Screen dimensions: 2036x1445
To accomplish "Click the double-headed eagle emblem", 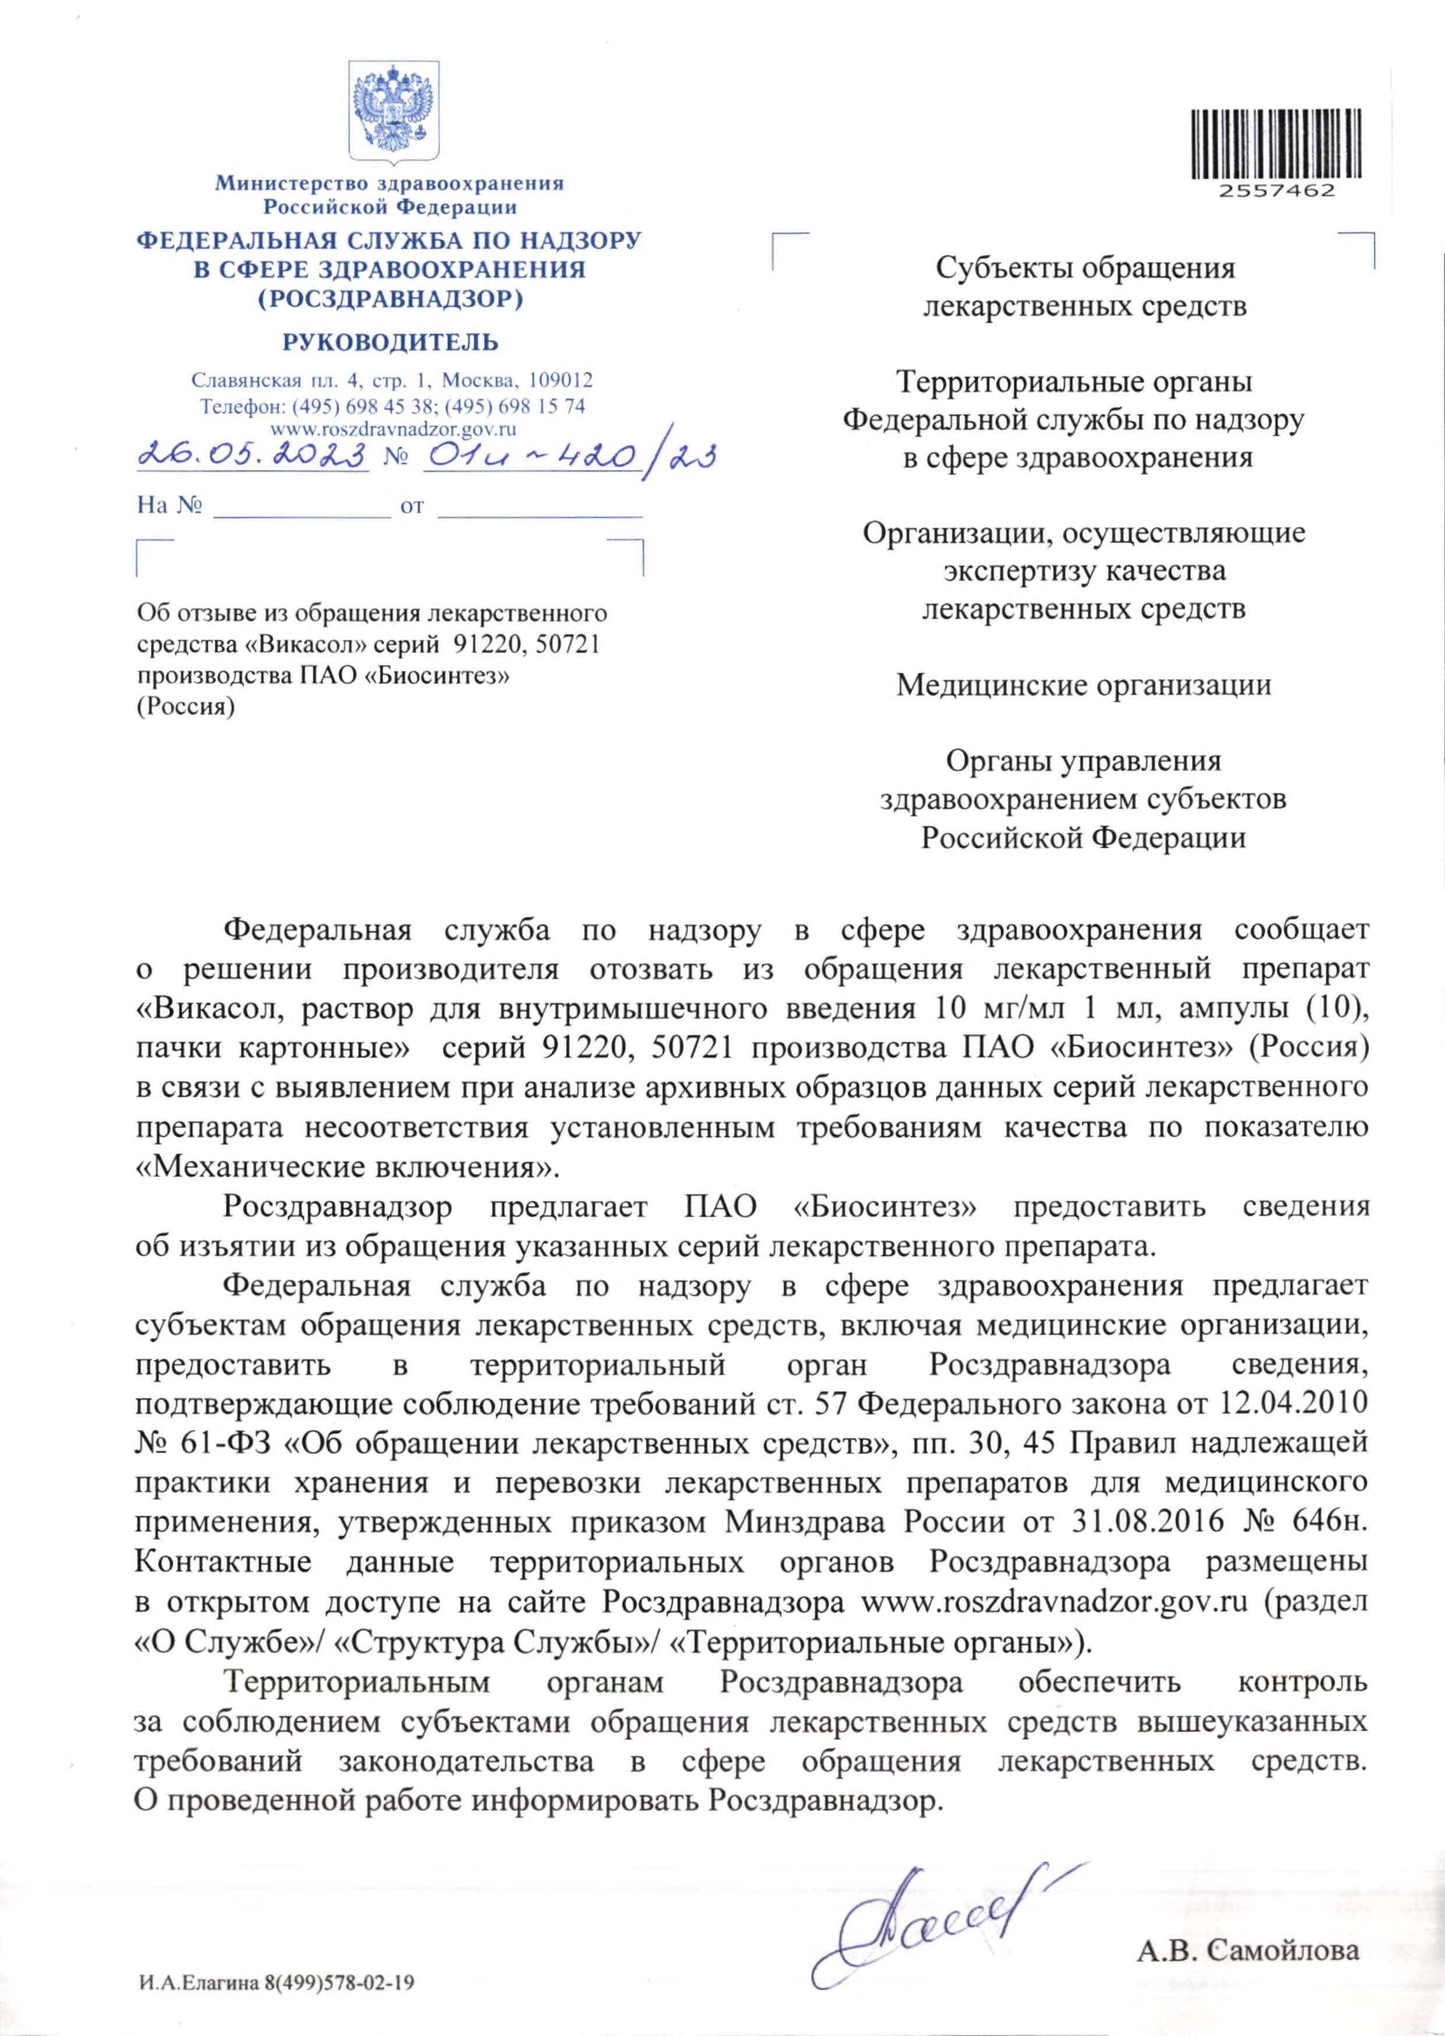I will [x=392, y=110].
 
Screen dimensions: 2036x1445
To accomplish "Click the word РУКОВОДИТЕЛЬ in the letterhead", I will [x=390, y=343].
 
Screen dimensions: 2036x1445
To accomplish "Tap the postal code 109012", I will [x=561, y=381].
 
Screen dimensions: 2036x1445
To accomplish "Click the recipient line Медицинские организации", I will [x=1083, y=685].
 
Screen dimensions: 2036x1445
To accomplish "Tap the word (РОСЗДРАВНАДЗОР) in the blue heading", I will [x=390, y=299].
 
